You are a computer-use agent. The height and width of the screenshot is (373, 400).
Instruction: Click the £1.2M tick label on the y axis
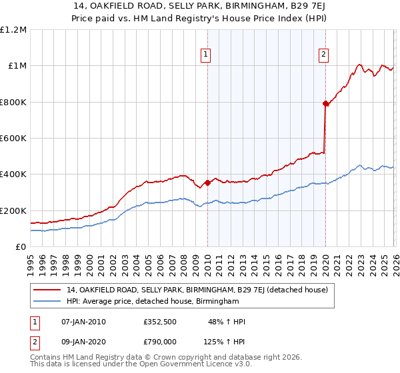(13, 30)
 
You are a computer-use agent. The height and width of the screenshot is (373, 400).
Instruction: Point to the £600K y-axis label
(13, 139)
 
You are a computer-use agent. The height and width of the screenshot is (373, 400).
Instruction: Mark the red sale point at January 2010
(207, 183)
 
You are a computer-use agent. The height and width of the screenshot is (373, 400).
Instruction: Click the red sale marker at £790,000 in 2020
(325, 103)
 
